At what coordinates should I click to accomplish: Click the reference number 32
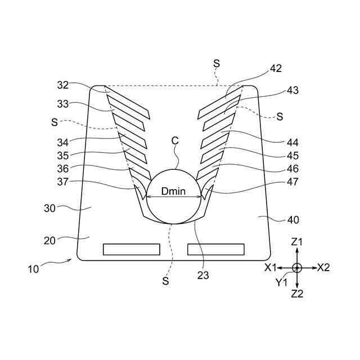pyautogui.click(x=63, y=85)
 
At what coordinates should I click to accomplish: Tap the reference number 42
pyautogui.click(x=275, y=69)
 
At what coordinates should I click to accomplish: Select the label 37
pyautogui.click(x=63, y=182)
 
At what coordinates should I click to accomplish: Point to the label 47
pyautogui.click(x=292, y=182)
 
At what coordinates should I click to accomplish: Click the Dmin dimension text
pyautogui.click(x=174, y=191)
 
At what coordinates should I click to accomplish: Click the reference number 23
pyautogui.click(x=202, y=276)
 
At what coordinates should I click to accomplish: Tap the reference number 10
pyautogui.click(x=34, y=269)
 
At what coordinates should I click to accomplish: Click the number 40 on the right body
pyautogui.click(x=293, y=219)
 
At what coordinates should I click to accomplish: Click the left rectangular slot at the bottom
pyautogui.click(x=132, y=249)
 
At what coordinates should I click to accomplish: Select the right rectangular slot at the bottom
pyautogui.click(x=216, y=249)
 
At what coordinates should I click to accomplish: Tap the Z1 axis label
pyautogui.click(x=297, y=241)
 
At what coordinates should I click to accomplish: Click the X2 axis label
pyautogui.click(x=323, y=267)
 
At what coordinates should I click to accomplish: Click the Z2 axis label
pyautogui.click(x=297, y=293)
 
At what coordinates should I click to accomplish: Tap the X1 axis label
pyautogui.click(x=271, y=267)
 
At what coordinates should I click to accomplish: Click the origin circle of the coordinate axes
pyautogui.click(x=297, y=267)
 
